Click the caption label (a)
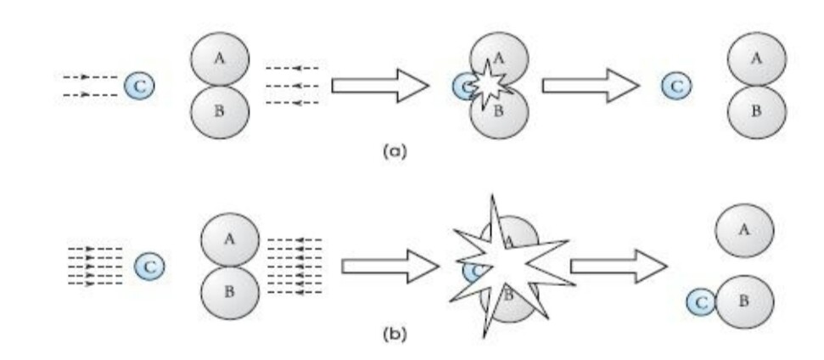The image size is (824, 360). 395,151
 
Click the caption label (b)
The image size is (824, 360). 395,334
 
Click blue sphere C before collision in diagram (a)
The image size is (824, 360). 139,87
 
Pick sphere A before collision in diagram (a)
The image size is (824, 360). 220,59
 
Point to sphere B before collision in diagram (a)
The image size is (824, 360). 220,112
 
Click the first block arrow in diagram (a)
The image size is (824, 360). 380,85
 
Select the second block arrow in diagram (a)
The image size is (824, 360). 591,85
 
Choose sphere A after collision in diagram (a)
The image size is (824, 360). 757,59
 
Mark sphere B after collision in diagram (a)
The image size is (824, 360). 757,112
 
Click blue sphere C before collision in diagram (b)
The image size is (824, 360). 149,267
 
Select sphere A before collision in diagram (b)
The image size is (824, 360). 230,239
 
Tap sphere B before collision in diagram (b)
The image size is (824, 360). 230,293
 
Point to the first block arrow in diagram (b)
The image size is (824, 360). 390,267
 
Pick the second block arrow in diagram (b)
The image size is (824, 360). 619,267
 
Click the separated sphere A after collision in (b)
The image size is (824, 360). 744,231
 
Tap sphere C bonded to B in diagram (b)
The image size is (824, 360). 701,303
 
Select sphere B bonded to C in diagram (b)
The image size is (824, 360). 744,301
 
